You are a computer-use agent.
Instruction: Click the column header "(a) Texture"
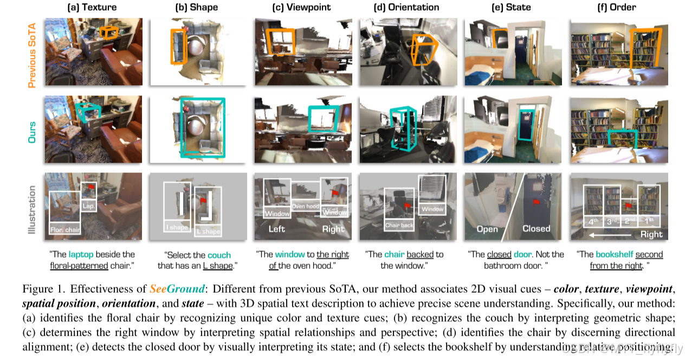[x=92, y=8]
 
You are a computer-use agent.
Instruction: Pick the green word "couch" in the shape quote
[x=219, y=255]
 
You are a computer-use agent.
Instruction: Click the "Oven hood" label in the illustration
[x=306, y=206]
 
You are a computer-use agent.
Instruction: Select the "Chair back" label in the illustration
[x=399, y=224]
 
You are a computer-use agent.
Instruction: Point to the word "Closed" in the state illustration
[x=537, y=229]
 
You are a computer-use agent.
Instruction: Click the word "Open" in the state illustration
[x=487, y=229]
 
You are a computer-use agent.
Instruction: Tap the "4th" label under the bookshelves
[x=593, y=222]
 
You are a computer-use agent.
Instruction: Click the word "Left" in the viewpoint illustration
[x=277, y=229]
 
